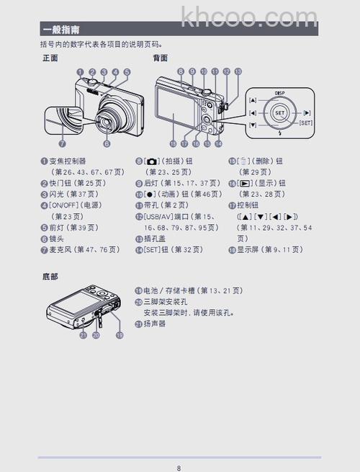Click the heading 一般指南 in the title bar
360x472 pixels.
pyautogui.click(x=61, y=30)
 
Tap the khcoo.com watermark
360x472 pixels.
pyautogui.click(x=249, y=16)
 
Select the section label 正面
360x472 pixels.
pyautogui.click(x=50, y=58)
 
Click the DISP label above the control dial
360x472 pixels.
pyautogui.click(x=280, y=94)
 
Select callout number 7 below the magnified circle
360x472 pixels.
pyautogui.click(x=63, y=143)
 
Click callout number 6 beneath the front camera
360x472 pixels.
pyautogui.click(x=107, y=143)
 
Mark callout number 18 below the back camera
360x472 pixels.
pyautogui.click(x=173, y=143)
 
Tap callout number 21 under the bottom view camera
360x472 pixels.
pyautogui.click(x=84, y=335)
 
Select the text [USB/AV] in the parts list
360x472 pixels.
pyautogui.click(x=160, y=216)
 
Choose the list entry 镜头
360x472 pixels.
pyautogui.click(x=58, y=238)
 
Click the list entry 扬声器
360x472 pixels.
pyautogui.click(x=155, y=324)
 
